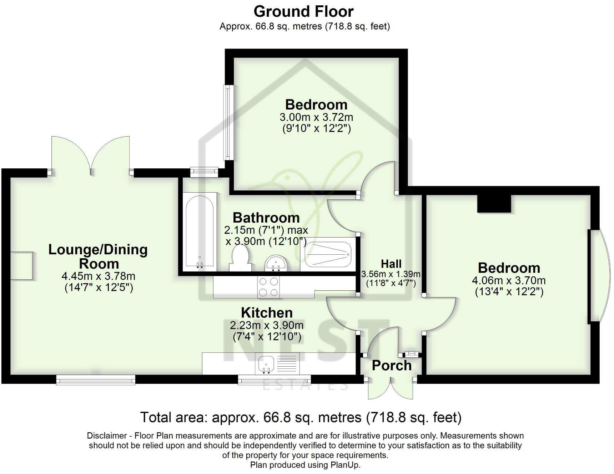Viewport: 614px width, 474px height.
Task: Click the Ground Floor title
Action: pos(303,11)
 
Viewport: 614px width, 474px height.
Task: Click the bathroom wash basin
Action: pos(275,264)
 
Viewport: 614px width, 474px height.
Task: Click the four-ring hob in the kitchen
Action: pos(268,287)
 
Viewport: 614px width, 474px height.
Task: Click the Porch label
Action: pos(392,366)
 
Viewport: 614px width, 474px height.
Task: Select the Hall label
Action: pos(391,264)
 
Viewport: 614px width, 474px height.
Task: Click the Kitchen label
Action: pos(267,313)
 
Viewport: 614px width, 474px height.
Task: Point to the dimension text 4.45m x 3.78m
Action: pos(99,276)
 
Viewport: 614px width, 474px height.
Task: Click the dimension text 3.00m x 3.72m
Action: pos(316,117)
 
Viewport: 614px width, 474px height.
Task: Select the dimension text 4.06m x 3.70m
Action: pos(509,280)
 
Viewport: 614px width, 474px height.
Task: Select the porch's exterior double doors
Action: pos(391,389)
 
